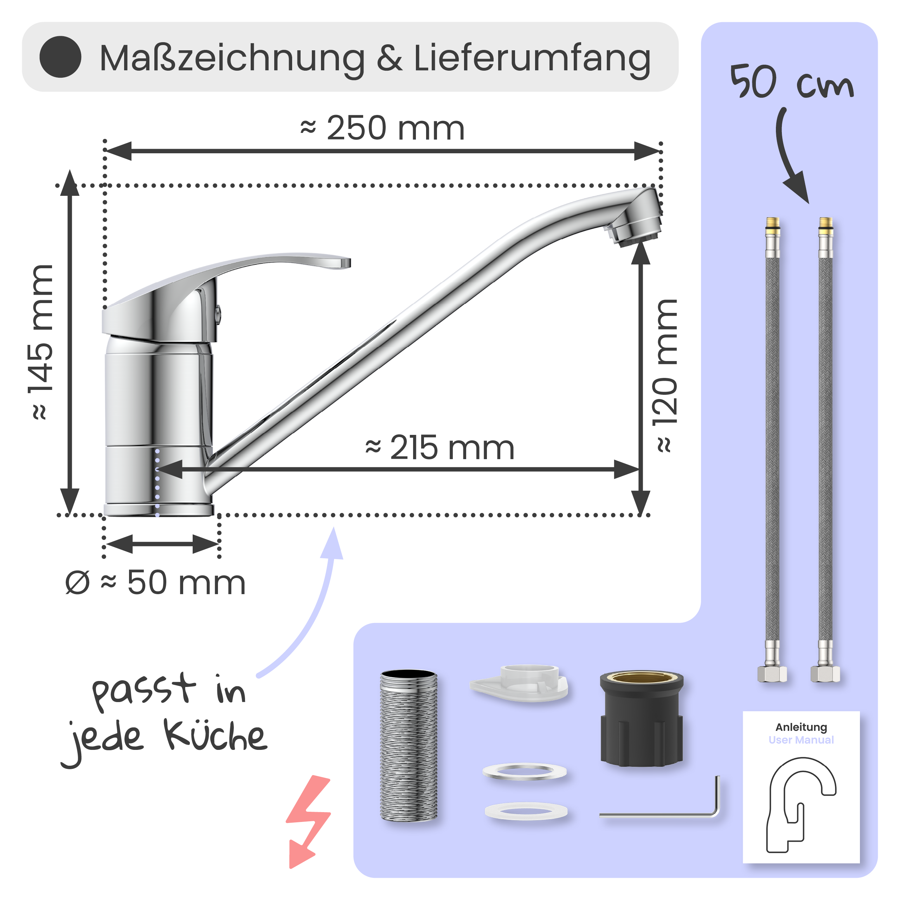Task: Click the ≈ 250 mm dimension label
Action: (382, 128)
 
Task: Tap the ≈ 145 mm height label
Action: (41, 342)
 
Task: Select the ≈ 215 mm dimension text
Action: (440, 448)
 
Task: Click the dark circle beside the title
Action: (60, 57)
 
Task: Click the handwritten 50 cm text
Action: (791, 83)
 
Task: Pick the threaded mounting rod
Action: (409, 745)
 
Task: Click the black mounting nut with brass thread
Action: (642, 720)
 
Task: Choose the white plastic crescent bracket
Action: (519, 684)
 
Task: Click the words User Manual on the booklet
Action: (801, 740)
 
